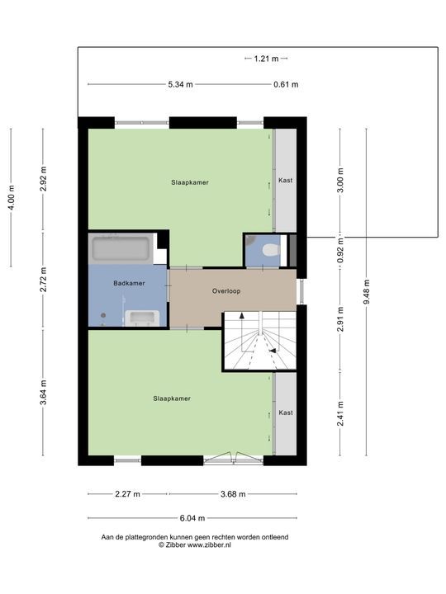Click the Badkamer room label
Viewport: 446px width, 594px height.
coord(129,283)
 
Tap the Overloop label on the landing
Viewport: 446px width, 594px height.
coord(226,291)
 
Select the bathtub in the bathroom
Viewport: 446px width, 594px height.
coord(121,248)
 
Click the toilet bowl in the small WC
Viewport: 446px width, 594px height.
coord(271,250)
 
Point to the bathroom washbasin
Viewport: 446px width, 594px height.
coord(142,318)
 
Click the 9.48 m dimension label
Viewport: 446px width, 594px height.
coord(367,292)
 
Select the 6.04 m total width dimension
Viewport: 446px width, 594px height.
coord(192,518)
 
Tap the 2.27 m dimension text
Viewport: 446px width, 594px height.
coord(127,494)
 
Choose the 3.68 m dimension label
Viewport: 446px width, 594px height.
coord(233,494)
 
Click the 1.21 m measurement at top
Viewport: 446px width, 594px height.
coord(266,59)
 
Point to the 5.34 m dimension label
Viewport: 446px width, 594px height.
coord(181,84)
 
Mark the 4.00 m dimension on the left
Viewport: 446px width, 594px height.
coord(12,197)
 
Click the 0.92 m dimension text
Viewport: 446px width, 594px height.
coord(340,251)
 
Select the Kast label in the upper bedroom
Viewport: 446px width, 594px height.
coord(286,181)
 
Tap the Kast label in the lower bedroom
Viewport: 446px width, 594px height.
coord(286,412)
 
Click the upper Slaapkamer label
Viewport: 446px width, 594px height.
coord(190,182)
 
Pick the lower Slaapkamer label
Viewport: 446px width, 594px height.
coord(172,398)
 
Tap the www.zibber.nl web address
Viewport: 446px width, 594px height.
coord(209,545)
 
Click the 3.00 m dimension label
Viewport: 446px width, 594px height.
coord(340,181)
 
